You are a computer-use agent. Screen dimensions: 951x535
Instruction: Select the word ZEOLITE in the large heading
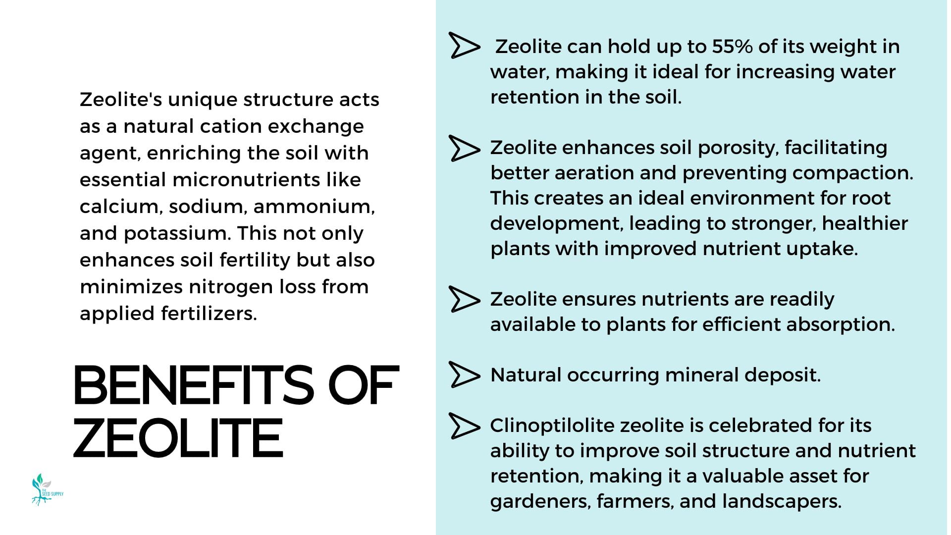pos(178,438)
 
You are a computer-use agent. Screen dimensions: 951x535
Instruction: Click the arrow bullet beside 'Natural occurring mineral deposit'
pos(464,374)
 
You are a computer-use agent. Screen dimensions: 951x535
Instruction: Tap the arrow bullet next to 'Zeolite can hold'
pos(464,46)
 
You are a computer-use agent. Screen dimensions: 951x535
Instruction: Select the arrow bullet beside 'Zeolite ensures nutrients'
pos(464,299)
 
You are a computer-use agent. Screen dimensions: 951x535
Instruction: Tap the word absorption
pos(840,325)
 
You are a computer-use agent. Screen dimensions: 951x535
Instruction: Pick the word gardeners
pos(540,502)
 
